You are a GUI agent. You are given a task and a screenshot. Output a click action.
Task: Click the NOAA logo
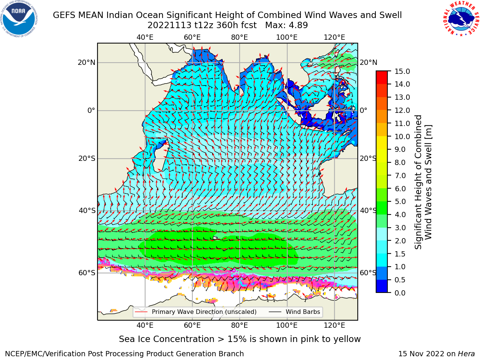[19, 19]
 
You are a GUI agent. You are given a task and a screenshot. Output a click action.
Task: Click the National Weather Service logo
[460, 19]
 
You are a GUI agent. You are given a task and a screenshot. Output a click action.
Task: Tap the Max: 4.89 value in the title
[286, 25]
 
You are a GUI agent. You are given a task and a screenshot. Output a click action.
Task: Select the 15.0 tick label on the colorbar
[402, 71]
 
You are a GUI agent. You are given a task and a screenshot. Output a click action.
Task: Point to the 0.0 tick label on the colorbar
[400, 293]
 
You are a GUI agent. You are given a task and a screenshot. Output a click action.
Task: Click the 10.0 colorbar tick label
[402, 136]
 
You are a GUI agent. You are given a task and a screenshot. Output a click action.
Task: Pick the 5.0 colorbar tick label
[400, 201]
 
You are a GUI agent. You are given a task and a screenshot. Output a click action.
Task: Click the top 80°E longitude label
[240, 37]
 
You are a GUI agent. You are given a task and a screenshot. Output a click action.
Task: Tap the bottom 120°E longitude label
[334, 325]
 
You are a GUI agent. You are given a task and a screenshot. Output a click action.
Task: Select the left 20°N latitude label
[87, 63]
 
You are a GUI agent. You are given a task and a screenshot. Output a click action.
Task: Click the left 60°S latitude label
[87, 273]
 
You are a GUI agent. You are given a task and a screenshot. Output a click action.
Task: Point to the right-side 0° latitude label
[364, 110]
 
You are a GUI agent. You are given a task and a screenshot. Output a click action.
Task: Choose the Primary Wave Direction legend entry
[196, 312]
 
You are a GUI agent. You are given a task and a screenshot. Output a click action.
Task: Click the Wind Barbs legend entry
[294, 312]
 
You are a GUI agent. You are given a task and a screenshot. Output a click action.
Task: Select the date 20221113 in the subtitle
[169, 25]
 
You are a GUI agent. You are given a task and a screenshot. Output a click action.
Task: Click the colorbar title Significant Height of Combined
[418, 182]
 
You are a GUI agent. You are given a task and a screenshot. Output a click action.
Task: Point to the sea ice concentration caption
[240, 339]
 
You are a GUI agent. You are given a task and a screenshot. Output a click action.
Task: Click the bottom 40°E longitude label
[145, 325]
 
